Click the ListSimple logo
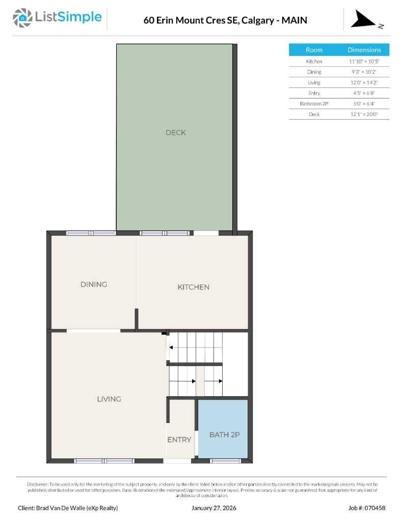coord(57,18)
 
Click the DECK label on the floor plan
coord(176,133)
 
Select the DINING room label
coord(94,284)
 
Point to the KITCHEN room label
coord(193,287)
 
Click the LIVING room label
coord(109,399)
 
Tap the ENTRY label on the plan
coord(179,440)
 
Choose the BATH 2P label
coord(224,435)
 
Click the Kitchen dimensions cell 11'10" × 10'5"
coord(364,61)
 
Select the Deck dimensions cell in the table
coord(364,114)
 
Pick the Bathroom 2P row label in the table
coord(314,104)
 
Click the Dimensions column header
coord(364,50)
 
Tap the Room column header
coord(314,50)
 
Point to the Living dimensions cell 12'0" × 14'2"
coord(364,82)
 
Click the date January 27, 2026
coord(214,508)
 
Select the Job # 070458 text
coord(367,508)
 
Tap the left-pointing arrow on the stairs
coord(171,348)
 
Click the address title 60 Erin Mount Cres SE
coord(225,20)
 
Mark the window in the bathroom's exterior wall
coord(225,461)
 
